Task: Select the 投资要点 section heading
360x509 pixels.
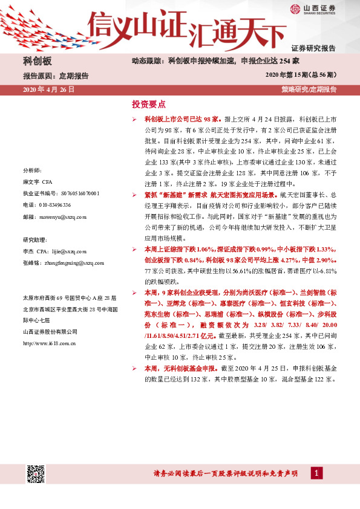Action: pyautogui.click(x=149, y=104)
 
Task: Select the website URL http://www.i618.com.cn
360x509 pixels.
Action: pyautogui.click(x=48, y=343)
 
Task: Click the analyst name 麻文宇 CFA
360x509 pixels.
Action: pyautogui.click(x=38, y=183)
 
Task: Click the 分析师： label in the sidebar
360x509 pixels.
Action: pyautogui.click(x=32, y=171)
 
